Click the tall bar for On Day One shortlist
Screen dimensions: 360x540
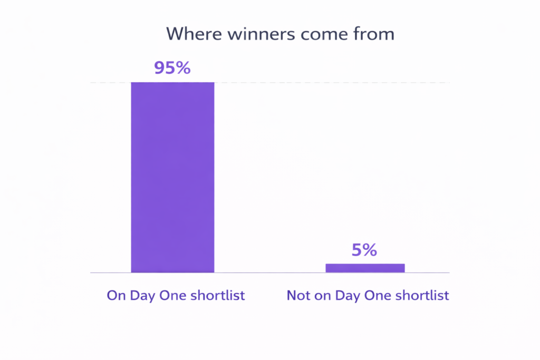point(172,177)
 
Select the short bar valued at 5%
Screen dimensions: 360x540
point(365,268)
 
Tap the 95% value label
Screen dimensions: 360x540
point(172,68)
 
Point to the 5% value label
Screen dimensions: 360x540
point(364,250)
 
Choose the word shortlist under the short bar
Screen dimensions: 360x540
point(422,295)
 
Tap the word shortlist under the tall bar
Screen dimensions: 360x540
point(218,295)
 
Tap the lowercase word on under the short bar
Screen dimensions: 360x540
point(320,295)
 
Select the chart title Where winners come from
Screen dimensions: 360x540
point(280,34)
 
